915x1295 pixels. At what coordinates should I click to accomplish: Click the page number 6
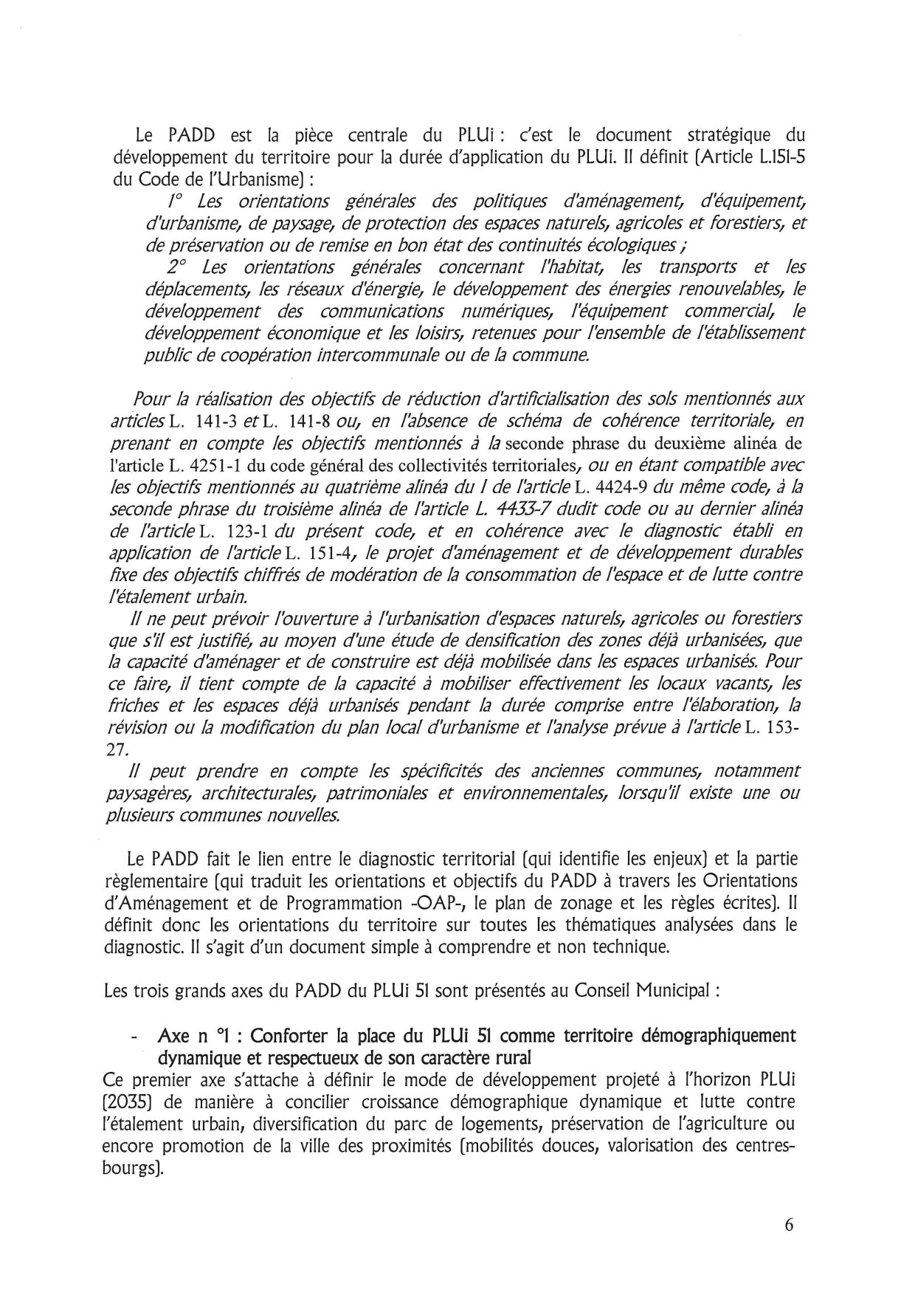click(789, 1225)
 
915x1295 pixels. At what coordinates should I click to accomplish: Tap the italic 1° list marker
click(174, 201)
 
